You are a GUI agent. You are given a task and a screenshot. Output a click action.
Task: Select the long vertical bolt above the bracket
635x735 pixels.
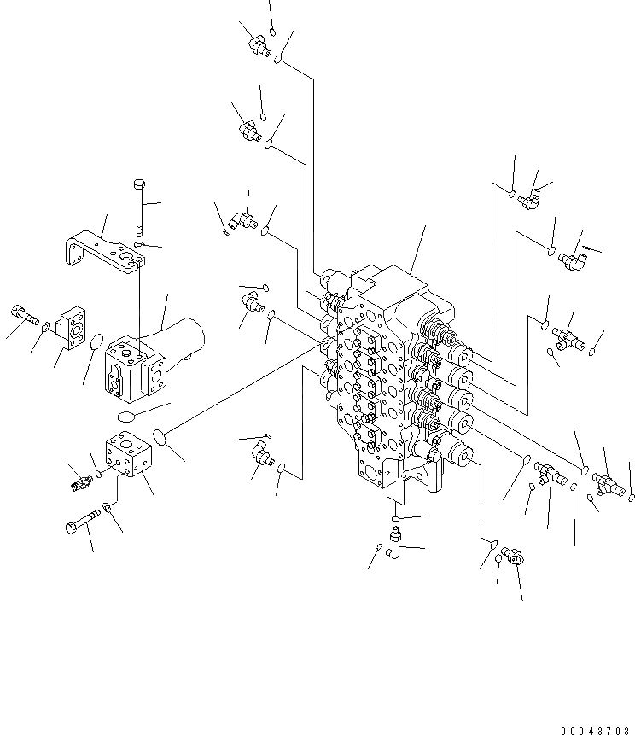click(x=138, y=204)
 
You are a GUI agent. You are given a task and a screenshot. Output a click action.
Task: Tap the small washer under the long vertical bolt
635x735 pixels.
click(x=139, y=246)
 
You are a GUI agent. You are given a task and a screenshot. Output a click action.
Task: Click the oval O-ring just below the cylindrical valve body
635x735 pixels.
click(x=126, y=417)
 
